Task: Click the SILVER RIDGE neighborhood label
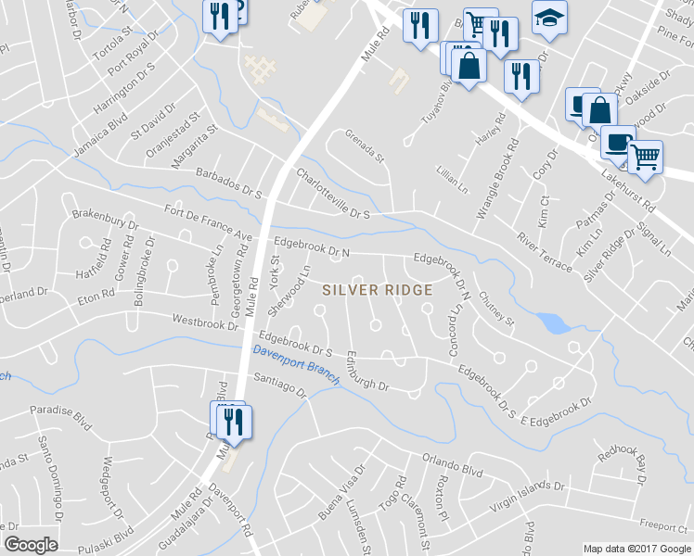pos(378,290)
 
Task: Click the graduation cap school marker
pos(549,19)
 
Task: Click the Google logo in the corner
pos(32,545)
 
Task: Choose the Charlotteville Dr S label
pos(333,194)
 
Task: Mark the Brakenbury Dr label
pos(105,219)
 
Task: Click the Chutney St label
pos(496,309)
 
